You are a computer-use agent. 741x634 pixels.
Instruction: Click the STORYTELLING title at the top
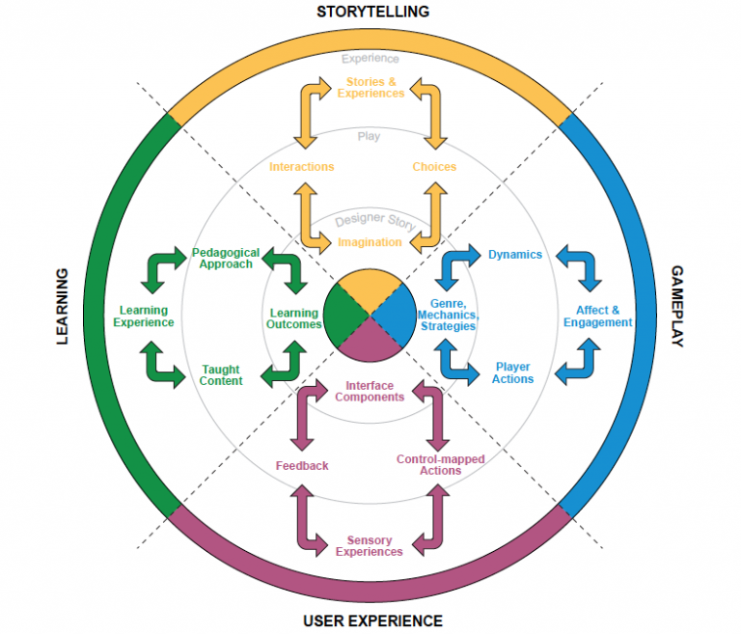point(373,12)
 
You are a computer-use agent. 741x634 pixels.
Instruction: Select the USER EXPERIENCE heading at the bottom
point(372,620)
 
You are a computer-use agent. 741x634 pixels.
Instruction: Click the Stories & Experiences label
point(370,87)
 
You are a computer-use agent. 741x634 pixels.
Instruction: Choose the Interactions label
point(301,167)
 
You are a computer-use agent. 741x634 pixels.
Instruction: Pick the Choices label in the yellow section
point(434,167)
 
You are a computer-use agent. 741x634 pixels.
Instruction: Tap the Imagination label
point(370,242)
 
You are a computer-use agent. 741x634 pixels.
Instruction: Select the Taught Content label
point(222,374)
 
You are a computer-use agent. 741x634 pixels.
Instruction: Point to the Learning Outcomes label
point(294,318)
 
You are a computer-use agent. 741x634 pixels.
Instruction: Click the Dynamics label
point(515,255)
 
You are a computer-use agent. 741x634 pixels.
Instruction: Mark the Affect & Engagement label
point(598,317)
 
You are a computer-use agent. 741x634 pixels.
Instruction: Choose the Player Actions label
point(512,373)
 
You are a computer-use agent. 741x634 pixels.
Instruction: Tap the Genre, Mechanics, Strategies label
point(448,315)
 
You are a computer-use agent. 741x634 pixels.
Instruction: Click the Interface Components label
point(370,391)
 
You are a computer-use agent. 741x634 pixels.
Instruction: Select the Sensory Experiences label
point(370,546)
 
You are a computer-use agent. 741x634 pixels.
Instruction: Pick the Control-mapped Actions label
point(441,465)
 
